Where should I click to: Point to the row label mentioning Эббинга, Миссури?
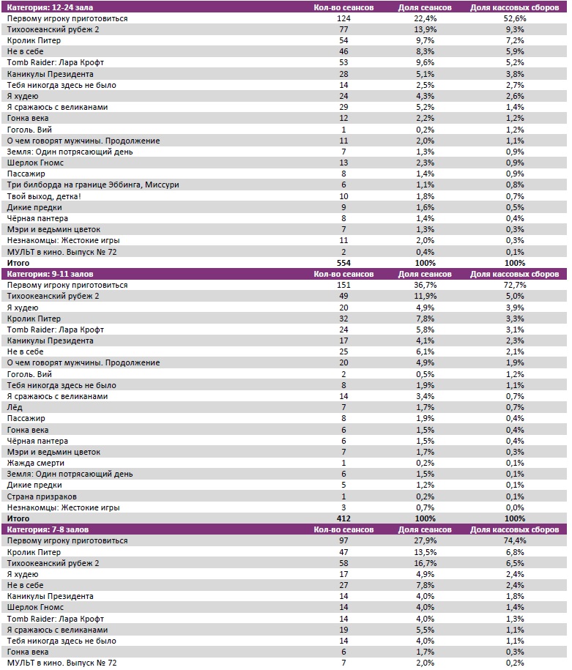click(x=93, y=185)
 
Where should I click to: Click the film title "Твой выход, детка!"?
click(x=44, y=196)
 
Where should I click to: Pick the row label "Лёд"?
click(x=15, y=407)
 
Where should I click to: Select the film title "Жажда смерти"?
click(x=36, y=463)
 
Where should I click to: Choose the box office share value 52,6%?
click(x=514, y=18)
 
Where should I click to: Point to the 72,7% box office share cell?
click(x=514, y=285)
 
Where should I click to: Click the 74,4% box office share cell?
click(x=514, y=540)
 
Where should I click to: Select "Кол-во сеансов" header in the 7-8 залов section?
click(x=343, y=529)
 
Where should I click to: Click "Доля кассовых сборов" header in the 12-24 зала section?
click(x=514, y=7)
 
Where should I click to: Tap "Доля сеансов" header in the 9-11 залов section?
click(x=425, y=274)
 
